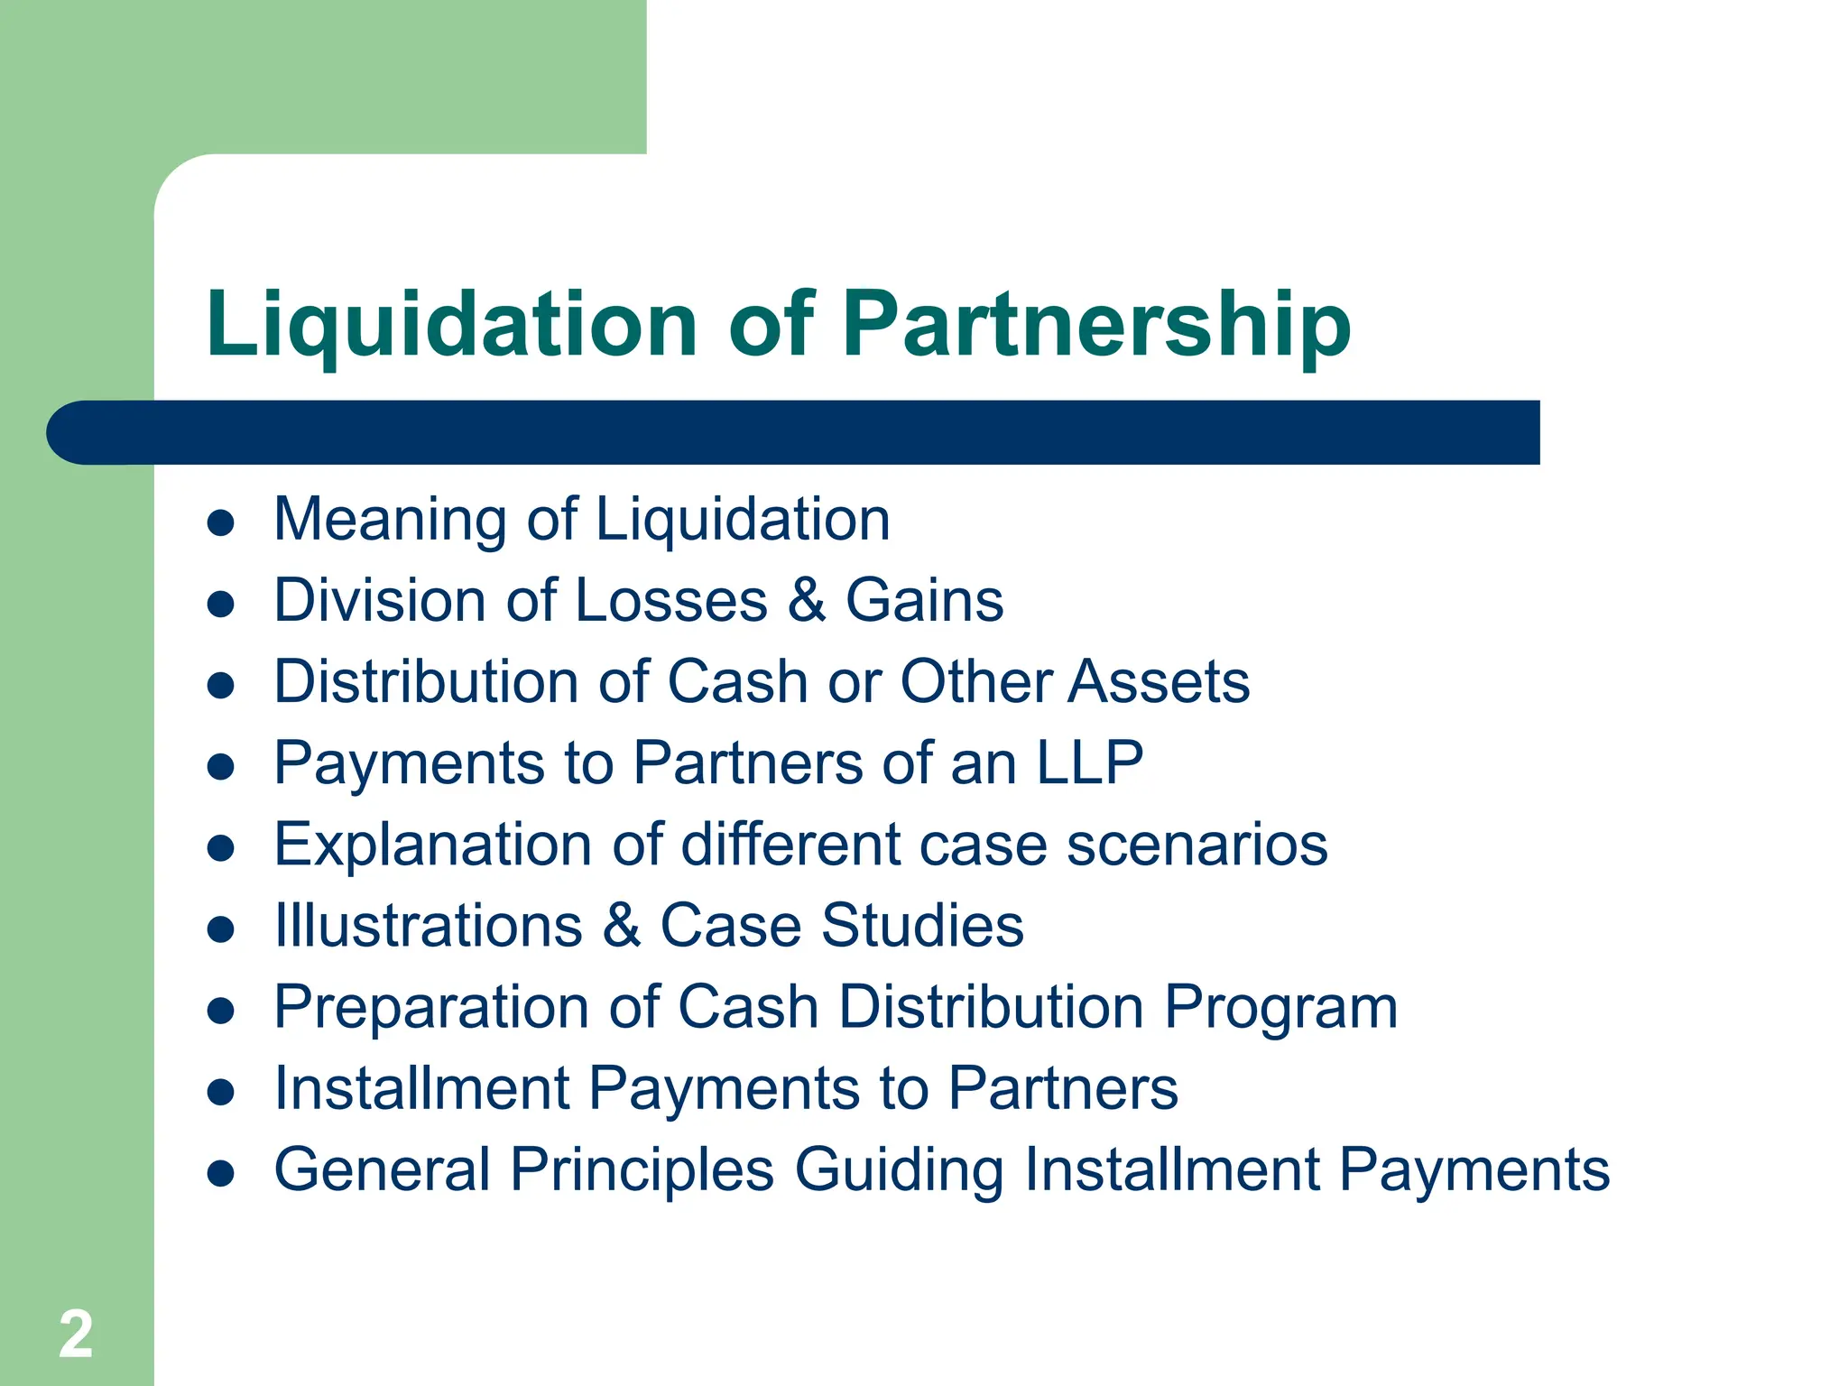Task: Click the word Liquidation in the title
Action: tap(451, 325)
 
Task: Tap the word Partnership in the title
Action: tap(1096, 325)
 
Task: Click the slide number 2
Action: tap(76, 1334)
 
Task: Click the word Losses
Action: tap(670, 601)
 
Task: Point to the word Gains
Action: tap(924, 601)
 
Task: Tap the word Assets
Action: tap(1159, 682)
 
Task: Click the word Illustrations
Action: tap(429, 927)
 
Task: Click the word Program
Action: tap(1280, 1008)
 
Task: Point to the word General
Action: tap(382, 1170)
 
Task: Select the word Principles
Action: tap(642, 1170)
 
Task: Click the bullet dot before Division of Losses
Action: tap(221, 604)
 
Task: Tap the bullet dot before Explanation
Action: tap(221, 848)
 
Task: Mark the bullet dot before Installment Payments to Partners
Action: tap(221, 1092)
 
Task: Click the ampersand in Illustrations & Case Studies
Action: tap(622, 927)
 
